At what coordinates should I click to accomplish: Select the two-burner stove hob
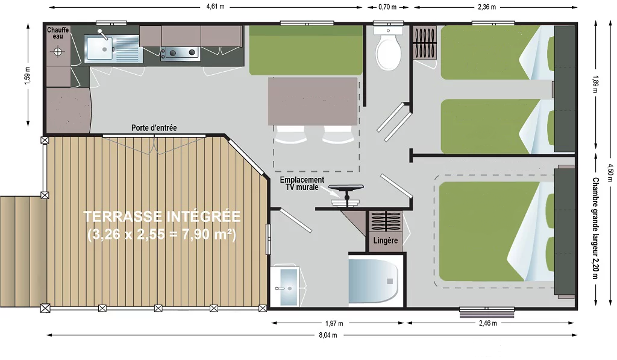(x=181, y=52)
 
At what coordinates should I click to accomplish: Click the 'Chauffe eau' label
(x=58, y=33)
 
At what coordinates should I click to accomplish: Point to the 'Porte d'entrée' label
(x=154, y=128)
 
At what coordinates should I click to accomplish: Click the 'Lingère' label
(x=385, y=240)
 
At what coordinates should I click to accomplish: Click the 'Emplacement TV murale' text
(x=302, y=183)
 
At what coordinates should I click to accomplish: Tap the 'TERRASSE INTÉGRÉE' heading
(x=161, y=216)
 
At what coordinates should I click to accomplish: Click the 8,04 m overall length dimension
(x=328, y=335)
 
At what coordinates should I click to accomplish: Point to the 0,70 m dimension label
(x=387, y=7)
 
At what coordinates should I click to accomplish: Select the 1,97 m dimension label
(x=334, y=323)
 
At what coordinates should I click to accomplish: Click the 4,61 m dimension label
(x=215, y=7)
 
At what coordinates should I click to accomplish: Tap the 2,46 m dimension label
(x=487, y=323)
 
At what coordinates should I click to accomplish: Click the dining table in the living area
(x=313, y=101)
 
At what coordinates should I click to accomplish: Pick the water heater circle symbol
(x=58, y=51)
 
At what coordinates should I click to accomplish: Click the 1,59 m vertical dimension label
(x=27, y=75)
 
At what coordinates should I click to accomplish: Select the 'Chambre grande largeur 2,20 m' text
(x=595, y=228)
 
